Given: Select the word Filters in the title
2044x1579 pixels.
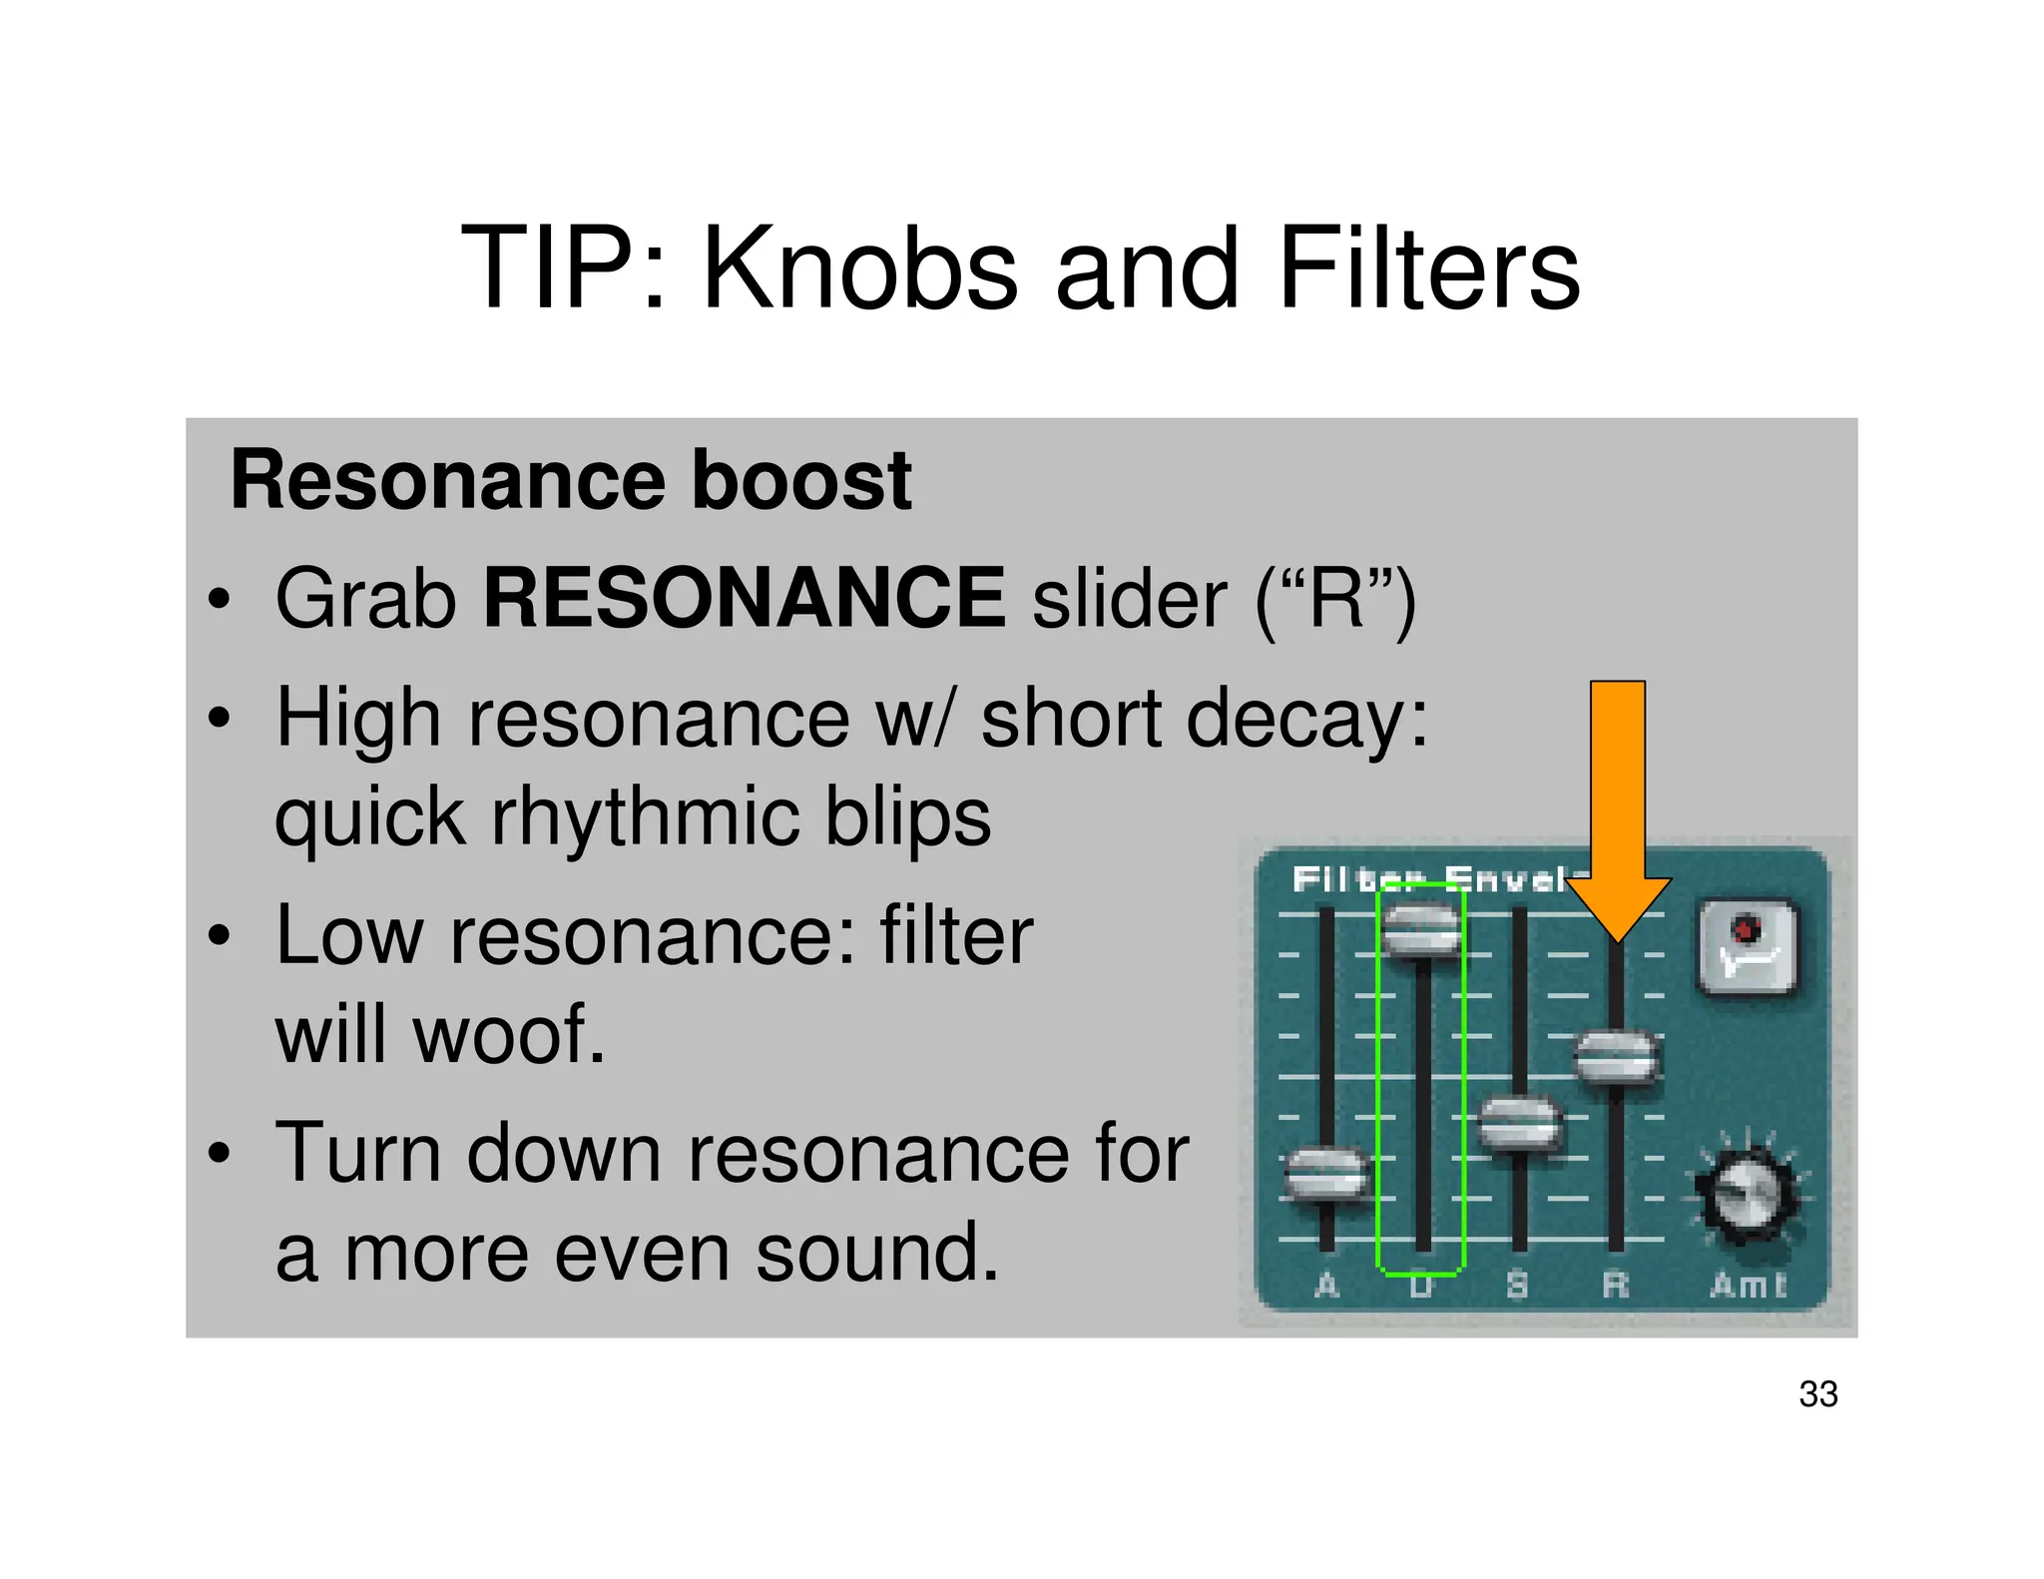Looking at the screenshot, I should coord(1429,267).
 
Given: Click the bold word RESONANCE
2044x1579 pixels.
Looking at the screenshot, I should coord(745,598).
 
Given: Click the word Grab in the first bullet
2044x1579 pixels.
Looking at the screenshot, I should coord(365,599).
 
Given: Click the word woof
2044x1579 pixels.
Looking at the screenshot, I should coord(509,1034).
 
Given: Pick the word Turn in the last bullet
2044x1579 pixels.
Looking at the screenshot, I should coord(357,1153).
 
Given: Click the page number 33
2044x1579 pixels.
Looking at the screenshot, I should coord(1817,1394).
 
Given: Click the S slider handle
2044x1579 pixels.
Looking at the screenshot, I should coord(1518,1124).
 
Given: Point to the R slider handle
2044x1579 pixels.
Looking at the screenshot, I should coord(1617,1057).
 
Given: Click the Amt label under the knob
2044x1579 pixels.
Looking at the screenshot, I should coord(1748,1285).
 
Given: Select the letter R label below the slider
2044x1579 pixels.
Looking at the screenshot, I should coord(1615,1285).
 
